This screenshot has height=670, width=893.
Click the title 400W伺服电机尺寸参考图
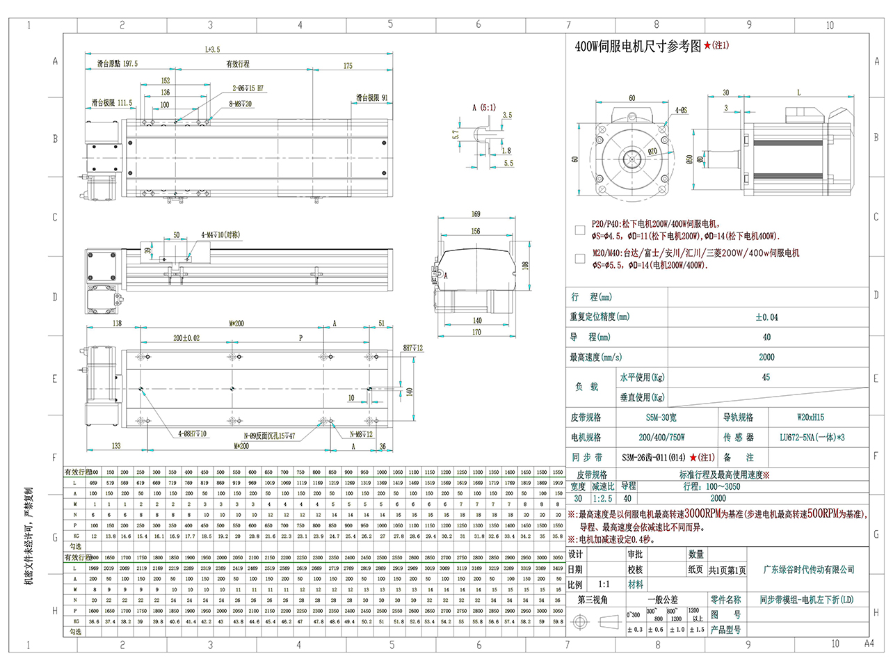[x=638, y=47]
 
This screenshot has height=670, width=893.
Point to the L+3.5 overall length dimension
[x=212, y=49]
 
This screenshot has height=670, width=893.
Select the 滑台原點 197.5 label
[x=118, y=63]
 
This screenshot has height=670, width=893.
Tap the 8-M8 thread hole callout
[x=241, y=104]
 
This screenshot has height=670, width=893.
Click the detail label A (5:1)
[x=484, y=108]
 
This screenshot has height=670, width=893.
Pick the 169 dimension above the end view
[x=476, y=214]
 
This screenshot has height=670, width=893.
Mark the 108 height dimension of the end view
[x=526, y=266]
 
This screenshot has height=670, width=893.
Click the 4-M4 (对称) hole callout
[x=220, y=235]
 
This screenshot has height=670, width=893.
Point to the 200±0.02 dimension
[x=186, y=338]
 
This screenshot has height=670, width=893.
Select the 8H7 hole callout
[x=413, y=348]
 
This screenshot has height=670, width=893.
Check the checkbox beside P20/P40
[x=580, y=230]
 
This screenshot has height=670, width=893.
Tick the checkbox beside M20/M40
[x=580, y=259]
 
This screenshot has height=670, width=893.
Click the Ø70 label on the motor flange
[x=652, y=151]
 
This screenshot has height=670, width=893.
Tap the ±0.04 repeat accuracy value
[x=766, y=317]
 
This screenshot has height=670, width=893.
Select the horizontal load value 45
[x=766, y=377]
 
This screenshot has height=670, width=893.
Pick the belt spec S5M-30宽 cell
[x=661, y=417]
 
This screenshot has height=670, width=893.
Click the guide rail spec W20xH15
[x=810, y=417]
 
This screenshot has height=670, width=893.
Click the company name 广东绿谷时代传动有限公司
[x=809, y=570]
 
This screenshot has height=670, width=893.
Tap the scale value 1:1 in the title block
[x=604, y=584]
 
